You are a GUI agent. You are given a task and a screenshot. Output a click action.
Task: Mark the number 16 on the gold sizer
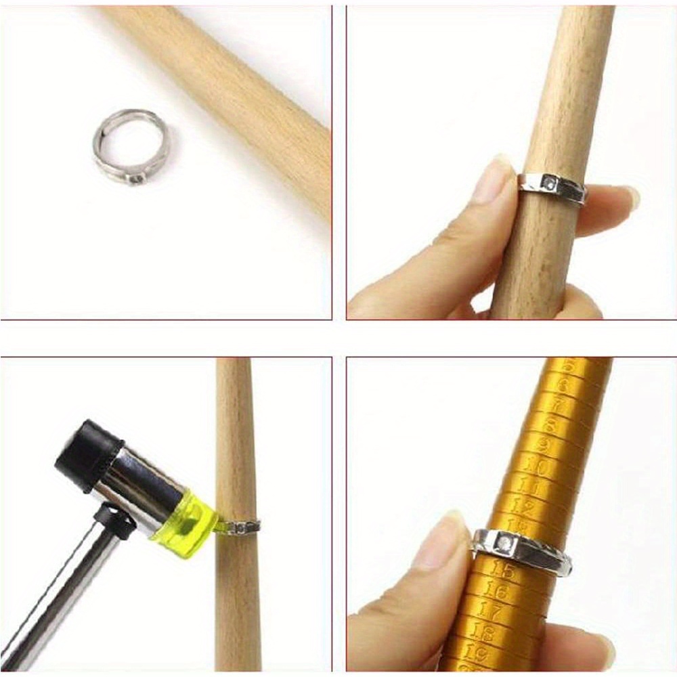point(496,591)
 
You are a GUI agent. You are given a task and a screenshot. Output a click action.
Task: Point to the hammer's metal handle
point(61,596)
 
